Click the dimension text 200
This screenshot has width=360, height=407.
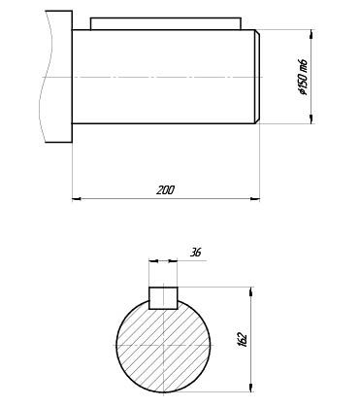165,190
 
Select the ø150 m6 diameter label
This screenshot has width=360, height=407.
303,78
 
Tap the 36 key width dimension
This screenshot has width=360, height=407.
195,252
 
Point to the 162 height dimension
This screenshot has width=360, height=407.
243,339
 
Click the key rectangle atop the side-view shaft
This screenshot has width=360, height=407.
166,24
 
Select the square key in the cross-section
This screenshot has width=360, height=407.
163,298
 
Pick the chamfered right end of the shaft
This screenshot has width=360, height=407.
257,77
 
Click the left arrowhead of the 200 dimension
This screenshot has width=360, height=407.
77,198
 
